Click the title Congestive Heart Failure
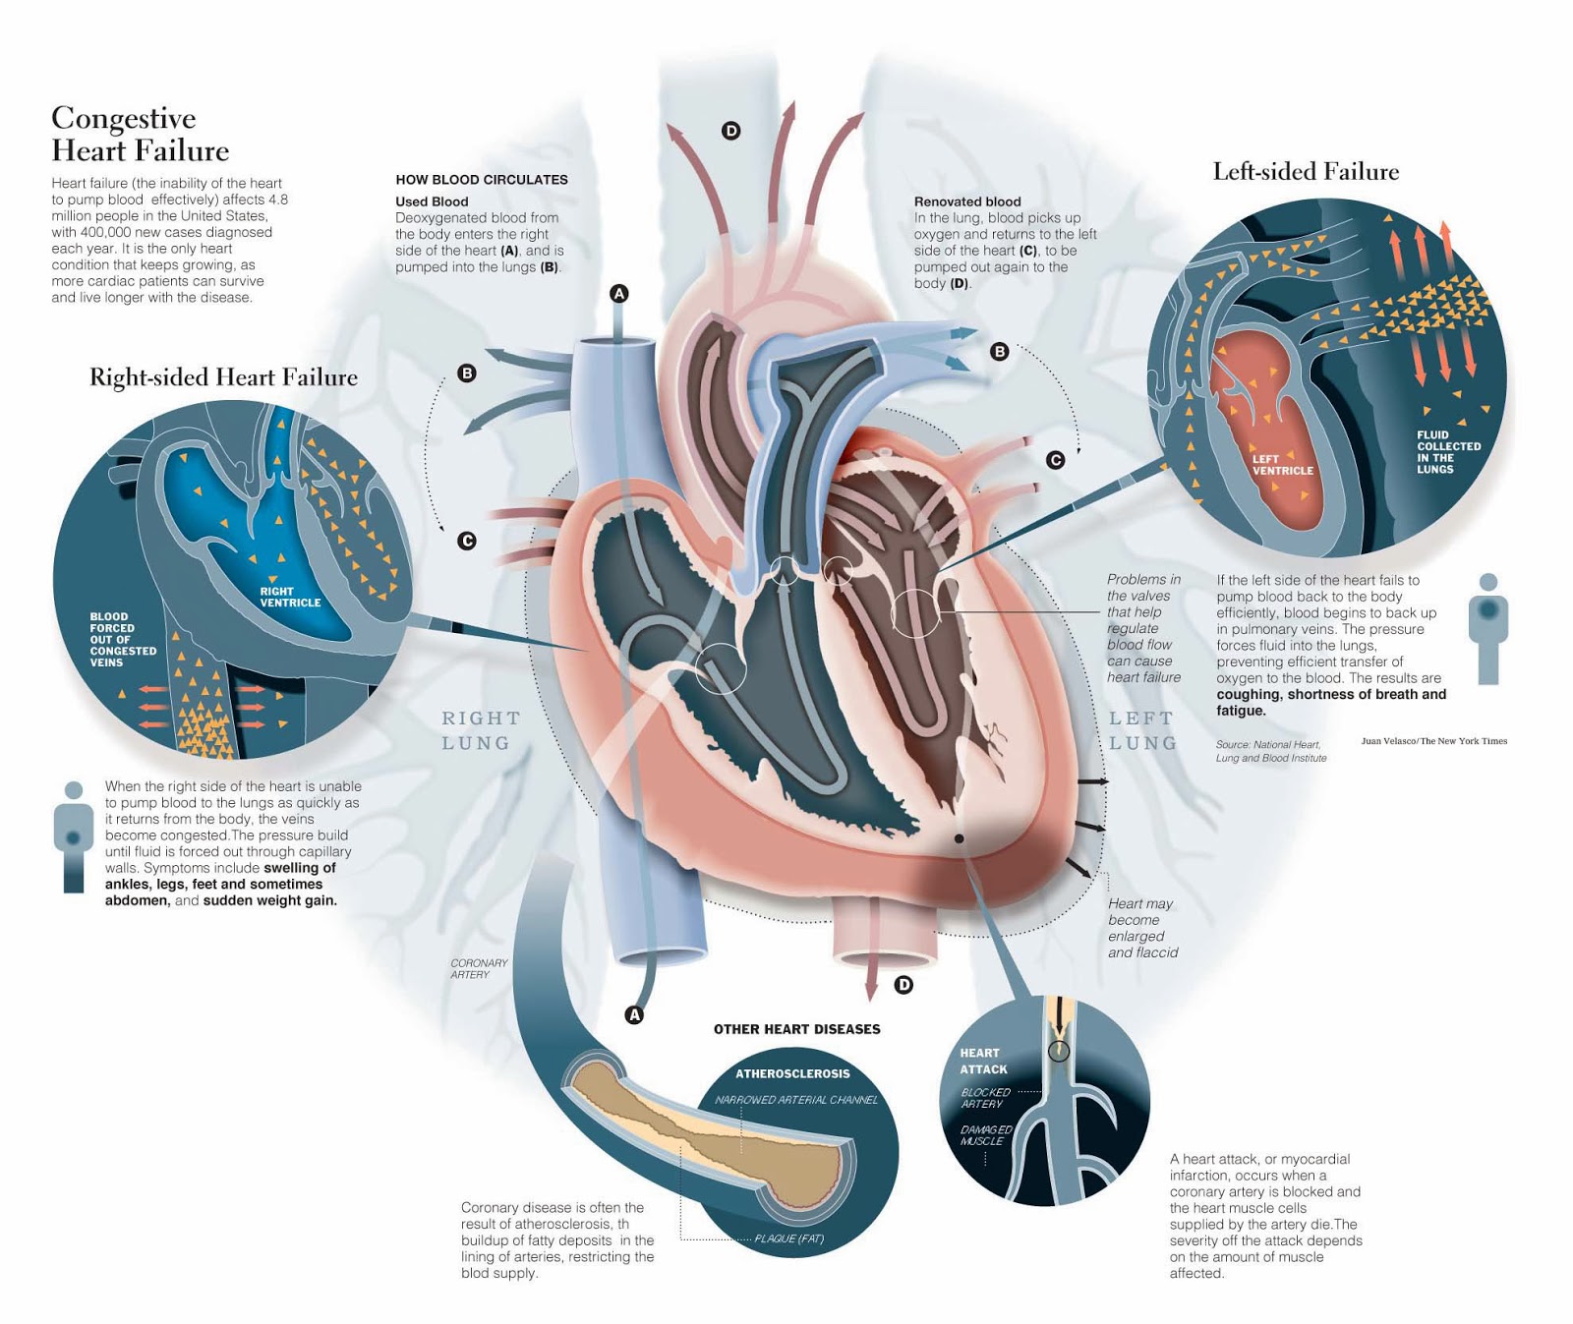(140, 134)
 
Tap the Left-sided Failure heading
(1305, 172)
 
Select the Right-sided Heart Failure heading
(223, 377)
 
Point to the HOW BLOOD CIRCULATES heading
(482, 180)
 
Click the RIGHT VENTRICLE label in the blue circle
(290, 597)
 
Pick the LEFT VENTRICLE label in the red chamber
(1282, 465)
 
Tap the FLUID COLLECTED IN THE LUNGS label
(1448, 452)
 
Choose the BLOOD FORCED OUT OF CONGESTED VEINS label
(123, 640)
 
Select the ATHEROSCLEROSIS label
(792, 1073)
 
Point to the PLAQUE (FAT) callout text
(788, 1238)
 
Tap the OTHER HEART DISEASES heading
(796, 1029)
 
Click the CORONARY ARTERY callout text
(479, 968)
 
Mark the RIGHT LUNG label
(480, 730)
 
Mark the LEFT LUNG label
(1142, 730)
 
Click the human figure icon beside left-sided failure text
(1487, 629)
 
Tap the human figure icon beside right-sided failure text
(73, 835)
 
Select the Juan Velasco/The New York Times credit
(1433, 741)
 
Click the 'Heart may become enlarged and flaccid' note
(1141, 927)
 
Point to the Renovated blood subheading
(967, 201)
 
